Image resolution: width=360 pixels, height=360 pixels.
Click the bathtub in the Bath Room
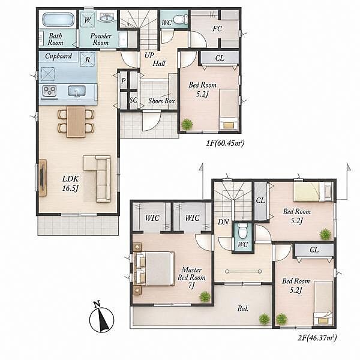tap(58, 19)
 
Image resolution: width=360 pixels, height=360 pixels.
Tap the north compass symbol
tap(101, 319)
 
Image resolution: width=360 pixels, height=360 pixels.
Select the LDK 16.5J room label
tap(71, 184)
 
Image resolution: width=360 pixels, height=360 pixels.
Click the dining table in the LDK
tap(76, 121)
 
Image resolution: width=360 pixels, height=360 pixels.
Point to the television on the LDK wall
tap(42, 178)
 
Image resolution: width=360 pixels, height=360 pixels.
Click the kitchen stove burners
tap(49, 91)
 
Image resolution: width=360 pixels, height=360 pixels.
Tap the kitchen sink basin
tap(77, 91)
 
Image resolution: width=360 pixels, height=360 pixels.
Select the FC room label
tap(217, 29)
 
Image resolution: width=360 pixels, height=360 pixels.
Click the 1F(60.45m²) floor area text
tap(225, 143)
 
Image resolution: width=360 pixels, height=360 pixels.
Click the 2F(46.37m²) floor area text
tap(317, 338)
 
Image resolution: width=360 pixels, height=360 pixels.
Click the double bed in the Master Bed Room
tap(154, 269)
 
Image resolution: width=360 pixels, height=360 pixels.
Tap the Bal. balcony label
tap(243, 309)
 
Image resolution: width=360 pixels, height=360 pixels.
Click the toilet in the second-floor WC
tap(242, 231)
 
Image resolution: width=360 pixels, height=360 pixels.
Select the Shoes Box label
tap(161, 101)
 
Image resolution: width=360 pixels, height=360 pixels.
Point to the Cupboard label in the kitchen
tap(58, 56)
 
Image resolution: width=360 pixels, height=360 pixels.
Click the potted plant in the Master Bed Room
tap(205, 296)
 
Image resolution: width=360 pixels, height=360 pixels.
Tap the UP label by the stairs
tap(149, 55)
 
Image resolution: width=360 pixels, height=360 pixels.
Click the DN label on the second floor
tap(223, 222)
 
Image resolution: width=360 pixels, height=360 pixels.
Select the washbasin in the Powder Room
tap(107, 17)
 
